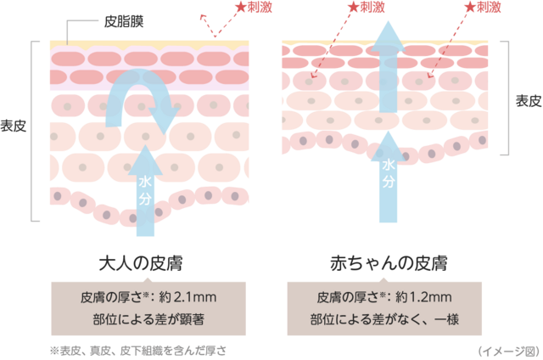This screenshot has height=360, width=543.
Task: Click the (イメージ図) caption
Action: tap(507, 349)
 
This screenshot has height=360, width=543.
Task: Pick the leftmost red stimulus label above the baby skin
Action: tap(362, 8)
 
